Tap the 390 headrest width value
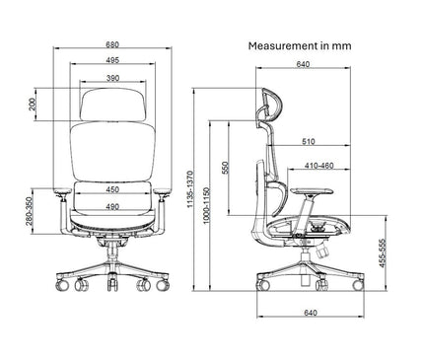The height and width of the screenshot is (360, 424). click(112, 78)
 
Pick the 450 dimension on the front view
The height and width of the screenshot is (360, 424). click(112, 190)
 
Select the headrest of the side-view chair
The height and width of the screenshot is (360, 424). click(267, 106)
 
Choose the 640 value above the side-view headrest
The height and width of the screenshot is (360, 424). click(302, 66)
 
